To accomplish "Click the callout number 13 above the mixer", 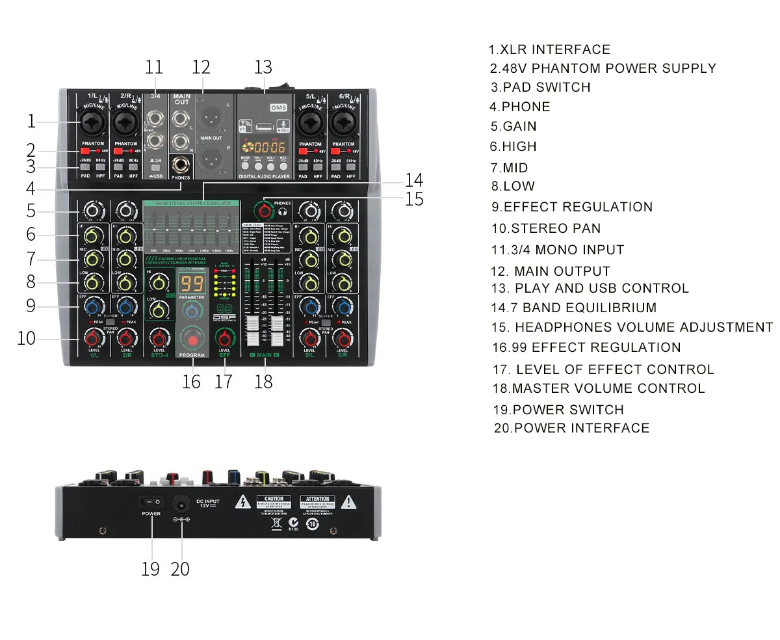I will click(x=263, y=68).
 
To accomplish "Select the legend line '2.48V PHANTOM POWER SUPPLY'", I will click(x=603, y=68).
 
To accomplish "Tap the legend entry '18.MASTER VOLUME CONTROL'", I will click(x=598, y=388).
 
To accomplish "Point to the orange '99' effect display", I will click(x=193, y=283).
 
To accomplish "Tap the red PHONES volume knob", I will click(x=263, y=209).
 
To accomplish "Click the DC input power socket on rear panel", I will click(x=180, y=502).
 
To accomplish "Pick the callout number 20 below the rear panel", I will click(x=180, y=568).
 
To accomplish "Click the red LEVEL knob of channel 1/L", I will click(x=92, y=338).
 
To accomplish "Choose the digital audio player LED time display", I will click(x=265, y=147).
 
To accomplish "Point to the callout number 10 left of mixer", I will click(x=27, y=338).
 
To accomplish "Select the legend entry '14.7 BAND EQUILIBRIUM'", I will click(x=573, y=308).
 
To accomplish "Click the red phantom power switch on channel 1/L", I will click(x=84, y=151).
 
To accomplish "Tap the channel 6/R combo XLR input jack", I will click(x=343, y=122).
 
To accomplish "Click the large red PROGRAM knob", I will click(x=192, y=341).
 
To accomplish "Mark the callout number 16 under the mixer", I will click(x=191, y=381).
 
